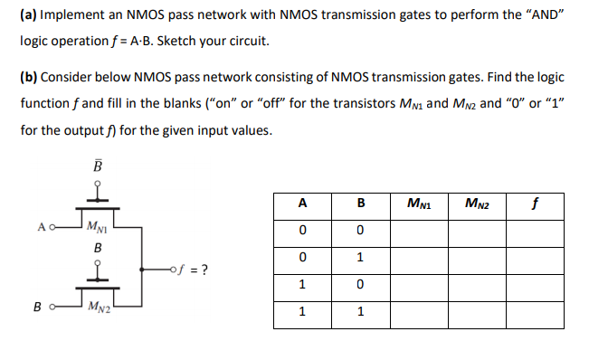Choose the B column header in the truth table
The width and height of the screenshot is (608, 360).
(x=359, y=204)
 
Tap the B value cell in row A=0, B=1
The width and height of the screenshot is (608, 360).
(x=359, y=258)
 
